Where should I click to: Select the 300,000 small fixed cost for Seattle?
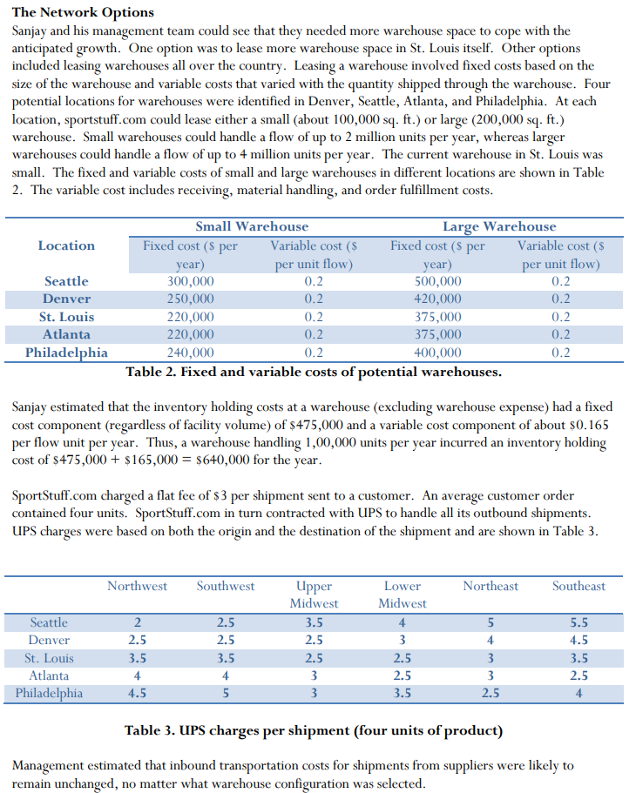pyautogui.click(x=190, y=281)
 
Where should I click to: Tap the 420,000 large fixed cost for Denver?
pyautogui.click(x=437, y=299)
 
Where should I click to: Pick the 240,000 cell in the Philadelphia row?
pyautogui.click(x=190, y=353)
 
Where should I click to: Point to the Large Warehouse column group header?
pyautogui.click(x=498, y=227)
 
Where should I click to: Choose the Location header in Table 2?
pyautogui.click(x=67, y=245)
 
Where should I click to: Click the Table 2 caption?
pyautogui.click(x=314, y=373)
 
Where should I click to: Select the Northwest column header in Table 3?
pyautogui.click(x=137, y=586)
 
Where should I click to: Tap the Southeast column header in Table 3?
pyautogui.click(x=578, y=586)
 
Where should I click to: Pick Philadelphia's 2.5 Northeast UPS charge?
pyautogui.click(x=491, y=694)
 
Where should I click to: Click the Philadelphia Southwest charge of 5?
pyautogui.click(x=226, y=694)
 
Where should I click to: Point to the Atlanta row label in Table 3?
pyautogui.click(x=49, y=675)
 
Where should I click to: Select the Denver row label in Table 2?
pyautogui.click(x=67, y=299)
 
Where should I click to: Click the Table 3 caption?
pyautogui.click(x=314, y=729)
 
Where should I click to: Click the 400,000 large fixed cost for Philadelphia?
pyautogui.click(x=437, y=353)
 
